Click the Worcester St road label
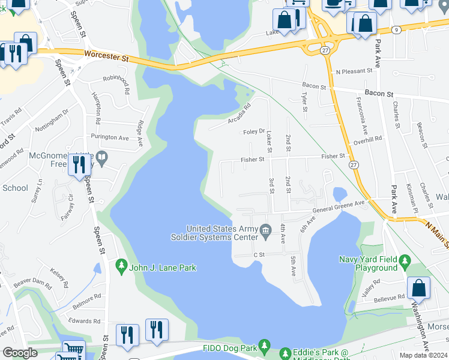(x=107, y=57)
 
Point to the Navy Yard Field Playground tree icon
(x=405, y=260)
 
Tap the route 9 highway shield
(x=396, y=29)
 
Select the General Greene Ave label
(x=339, y=207)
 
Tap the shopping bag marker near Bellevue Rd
(x=418, y=289)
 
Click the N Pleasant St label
(x=354, y=71)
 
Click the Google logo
(x=20, y=353)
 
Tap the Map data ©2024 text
(x=424, y=355)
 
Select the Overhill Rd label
(x=367, y=139)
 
